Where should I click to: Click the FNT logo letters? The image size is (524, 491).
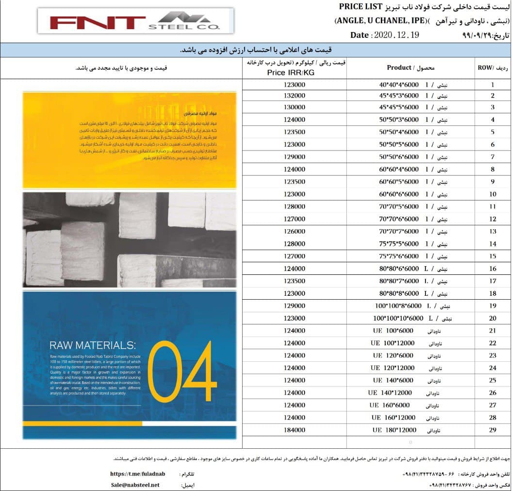97,22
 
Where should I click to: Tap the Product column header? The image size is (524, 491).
410,68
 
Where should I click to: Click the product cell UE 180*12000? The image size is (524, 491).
394,430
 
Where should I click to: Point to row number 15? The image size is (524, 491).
492,256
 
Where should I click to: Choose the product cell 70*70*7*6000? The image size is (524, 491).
399,231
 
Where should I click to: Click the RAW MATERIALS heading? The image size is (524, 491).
92,345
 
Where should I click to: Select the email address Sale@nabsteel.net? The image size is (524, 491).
134,485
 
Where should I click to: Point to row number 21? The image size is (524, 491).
492,331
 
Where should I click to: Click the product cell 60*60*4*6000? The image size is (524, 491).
399,169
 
